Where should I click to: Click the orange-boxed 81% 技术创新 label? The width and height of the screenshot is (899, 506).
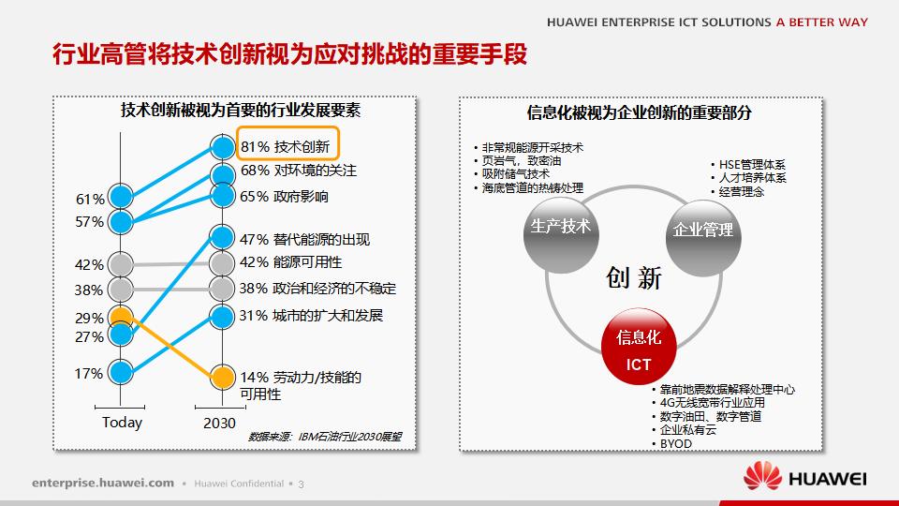[x=287, y=146]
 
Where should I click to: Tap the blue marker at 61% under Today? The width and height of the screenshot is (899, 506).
[x=121, y=197]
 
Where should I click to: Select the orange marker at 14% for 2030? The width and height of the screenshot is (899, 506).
[x=222, y=377]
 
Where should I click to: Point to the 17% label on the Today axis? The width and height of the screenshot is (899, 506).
[x=89, y=374]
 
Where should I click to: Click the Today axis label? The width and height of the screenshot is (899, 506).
[x=122, y=423]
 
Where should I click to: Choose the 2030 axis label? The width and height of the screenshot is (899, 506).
[x=219, y=423]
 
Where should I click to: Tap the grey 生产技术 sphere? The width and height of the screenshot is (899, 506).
[x=560, y=228]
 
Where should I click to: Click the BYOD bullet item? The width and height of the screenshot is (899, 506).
[x=675, y=443]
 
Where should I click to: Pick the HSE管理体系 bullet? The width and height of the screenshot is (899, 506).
[x=751, y=163]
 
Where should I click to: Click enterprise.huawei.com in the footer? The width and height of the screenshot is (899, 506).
[x=103, y=483]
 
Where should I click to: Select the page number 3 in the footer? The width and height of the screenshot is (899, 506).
[x=302, y=484]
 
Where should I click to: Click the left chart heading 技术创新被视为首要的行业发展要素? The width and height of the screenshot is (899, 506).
[x=241, y=111]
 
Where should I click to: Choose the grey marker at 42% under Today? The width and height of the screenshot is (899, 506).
[x=121, y=264]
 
